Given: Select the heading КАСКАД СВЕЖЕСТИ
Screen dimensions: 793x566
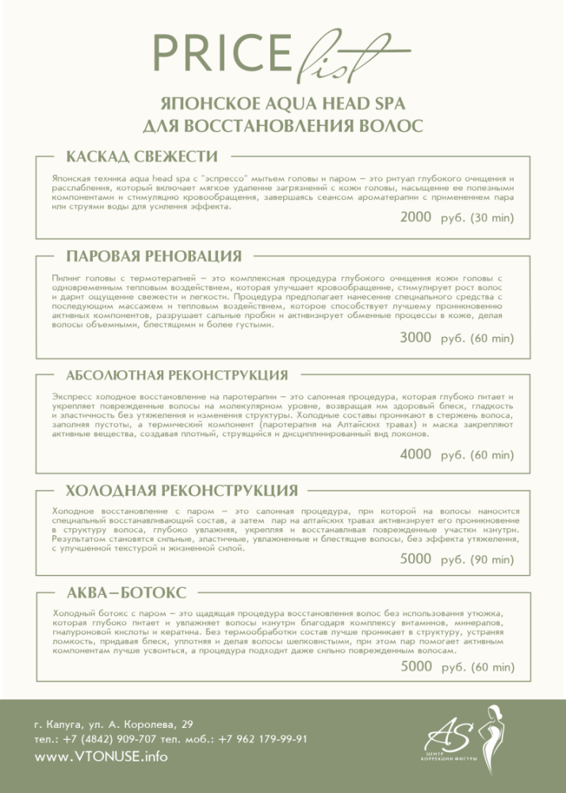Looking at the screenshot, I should click(141, 155).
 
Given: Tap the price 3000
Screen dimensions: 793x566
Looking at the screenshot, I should click(415, 338).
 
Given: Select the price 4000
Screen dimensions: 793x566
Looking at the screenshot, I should click(415, 454).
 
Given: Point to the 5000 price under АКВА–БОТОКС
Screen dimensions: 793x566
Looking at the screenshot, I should click(415, 666).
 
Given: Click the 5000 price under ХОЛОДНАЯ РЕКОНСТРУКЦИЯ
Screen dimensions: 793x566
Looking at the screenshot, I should click(415, 559).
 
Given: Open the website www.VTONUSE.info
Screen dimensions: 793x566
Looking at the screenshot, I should click(101, 757).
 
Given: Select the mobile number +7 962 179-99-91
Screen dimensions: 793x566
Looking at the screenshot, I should click(263, 739).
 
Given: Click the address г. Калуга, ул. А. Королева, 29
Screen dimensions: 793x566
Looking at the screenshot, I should click(113, 724).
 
